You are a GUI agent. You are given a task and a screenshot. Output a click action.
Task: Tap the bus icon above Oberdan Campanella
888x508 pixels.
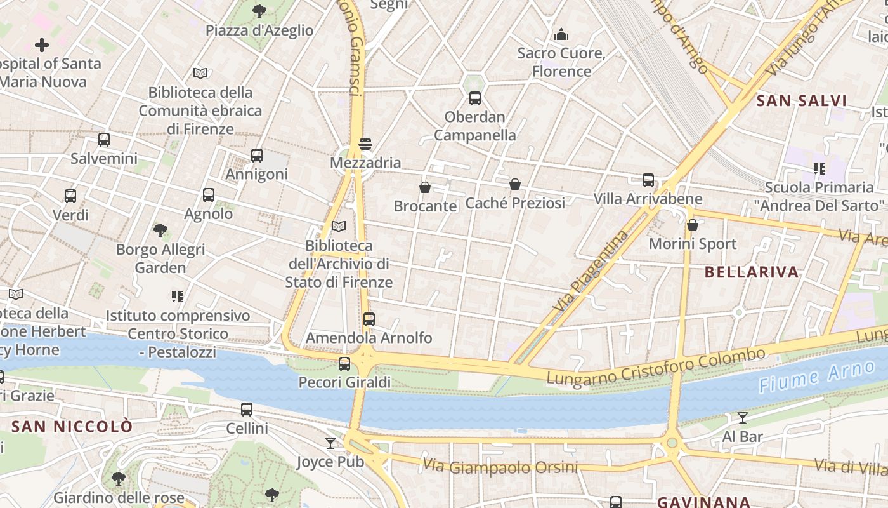tap(474, 98)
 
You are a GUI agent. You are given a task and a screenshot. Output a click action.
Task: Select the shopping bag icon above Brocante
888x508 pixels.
tap(425, 187)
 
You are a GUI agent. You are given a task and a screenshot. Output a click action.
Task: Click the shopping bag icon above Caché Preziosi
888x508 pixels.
tap(515, 184)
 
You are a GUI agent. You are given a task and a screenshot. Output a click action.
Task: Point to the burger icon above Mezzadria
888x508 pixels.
tap(365, 144)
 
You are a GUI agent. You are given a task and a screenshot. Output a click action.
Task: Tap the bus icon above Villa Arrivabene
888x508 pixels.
tap(648, 180)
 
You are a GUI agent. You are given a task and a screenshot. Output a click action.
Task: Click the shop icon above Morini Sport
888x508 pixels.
tap(693, 225)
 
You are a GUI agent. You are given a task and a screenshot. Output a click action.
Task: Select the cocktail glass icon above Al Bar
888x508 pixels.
tap(742, 417)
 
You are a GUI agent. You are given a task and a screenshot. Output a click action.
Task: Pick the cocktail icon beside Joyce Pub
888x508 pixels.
tap(330, 443)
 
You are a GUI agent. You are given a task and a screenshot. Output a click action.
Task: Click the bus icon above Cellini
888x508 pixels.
tap(247, 410)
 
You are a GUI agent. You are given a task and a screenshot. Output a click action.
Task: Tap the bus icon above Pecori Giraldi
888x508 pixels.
tap(344, 364)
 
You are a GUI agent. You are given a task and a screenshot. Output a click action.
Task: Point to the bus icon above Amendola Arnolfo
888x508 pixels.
tap(369, 319)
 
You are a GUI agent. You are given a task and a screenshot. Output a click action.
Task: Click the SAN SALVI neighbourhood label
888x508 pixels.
tap(802, 100)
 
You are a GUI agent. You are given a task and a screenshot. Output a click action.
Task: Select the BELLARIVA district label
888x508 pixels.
tap(752, 272)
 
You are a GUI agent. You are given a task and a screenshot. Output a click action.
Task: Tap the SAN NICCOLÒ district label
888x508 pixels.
tap(72, 426)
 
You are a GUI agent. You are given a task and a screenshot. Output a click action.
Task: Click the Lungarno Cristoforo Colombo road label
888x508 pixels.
tap(656, 367)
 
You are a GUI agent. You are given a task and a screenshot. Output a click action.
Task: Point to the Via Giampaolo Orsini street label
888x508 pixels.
tap(500, 467)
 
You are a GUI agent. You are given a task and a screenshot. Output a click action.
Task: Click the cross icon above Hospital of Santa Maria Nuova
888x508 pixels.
tap(42, 45)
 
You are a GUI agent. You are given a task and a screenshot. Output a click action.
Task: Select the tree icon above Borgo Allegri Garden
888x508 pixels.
tap(160, 231)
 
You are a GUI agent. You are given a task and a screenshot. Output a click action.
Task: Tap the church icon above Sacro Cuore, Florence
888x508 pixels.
tap(561, 34)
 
